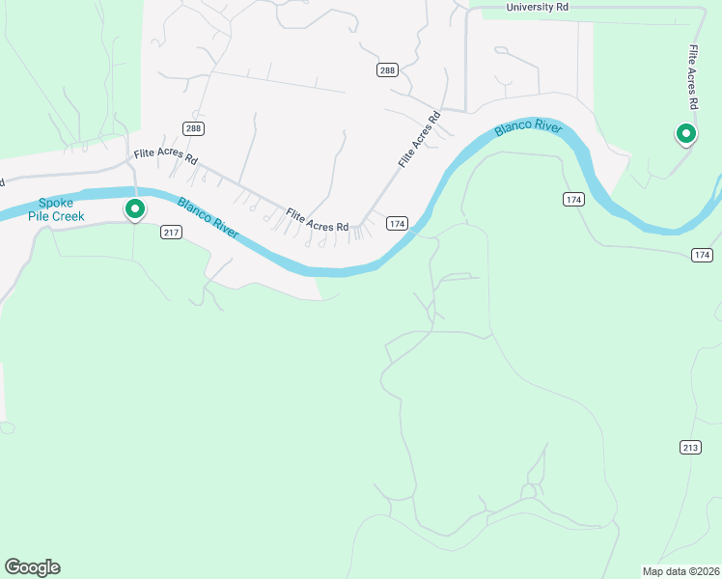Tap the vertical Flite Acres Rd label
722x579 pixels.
click(693, 75)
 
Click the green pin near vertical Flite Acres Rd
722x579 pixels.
click(686, 133)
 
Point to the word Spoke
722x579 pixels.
click(56, 203)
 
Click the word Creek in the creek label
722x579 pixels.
click(68, 216)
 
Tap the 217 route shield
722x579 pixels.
click(172, 233)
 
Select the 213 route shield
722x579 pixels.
click(689, 447)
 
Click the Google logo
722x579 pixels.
click(32, 567)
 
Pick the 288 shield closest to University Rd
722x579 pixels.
click(387, 70)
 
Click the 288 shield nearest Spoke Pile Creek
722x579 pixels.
click(193, 128)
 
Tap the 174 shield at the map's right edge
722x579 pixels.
click(702, 255)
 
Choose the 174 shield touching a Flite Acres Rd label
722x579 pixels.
click(397, 223)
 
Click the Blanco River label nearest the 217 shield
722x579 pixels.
click(208, 216)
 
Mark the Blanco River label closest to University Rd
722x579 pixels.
click(527, 129)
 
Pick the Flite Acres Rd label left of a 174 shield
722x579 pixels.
click(317, 220)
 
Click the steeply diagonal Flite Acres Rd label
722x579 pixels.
click(419, 141)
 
